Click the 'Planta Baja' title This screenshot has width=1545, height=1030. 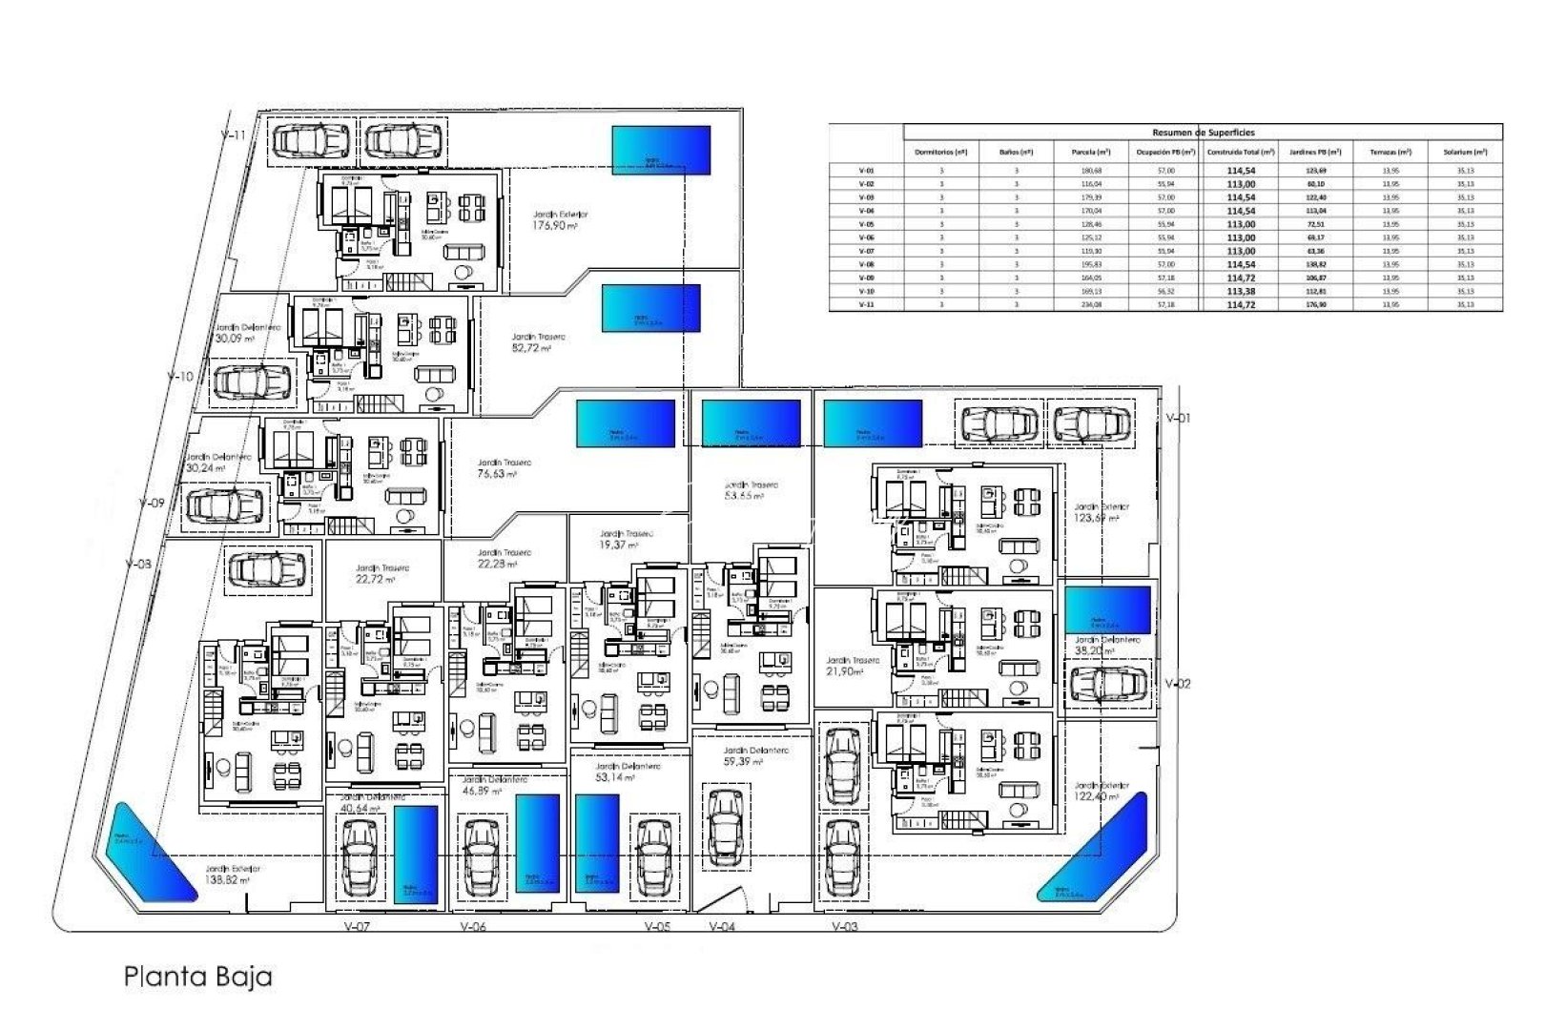(197, 977)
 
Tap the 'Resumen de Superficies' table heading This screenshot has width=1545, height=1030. (1203, 133)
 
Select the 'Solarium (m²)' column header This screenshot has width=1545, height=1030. (1465, 152)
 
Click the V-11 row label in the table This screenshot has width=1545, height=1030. (865, 304)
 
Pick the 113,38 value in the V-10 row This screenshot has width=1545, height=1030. (1240, 291)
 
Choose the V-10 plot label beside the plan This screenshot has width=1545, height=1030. (179, 377)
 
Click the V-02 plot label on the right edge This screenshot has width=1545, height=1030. (1178, 684)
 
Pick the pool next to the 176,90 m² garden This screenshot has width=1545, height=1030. (661, 150)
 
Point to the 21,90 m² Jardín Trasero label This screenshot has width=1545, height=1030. (845, 666)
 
